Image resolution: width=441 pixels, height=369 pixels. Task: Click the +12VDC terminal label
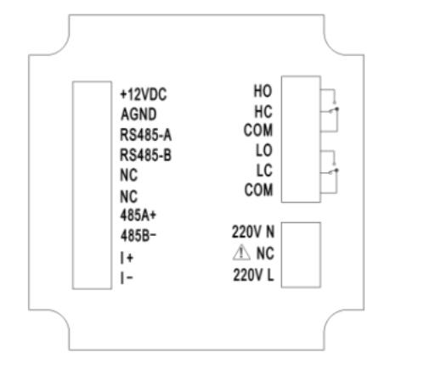tap(144, 94)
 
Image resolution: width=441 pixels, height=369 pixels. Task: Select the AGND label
tap(139, 115)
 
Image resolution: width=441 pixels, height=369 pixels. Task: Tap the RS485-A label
tap(146, 135)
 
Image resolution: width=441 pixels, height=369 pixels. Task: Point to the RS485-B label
tap(146, 155)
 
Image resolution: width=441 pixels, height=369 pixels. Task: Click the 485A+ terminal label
tap(139, 215)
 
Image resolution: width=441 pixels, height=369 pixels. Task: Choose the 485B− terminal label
tap(139, 236)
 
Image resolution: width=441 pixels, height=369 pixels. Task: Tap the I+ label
tap(127, 258)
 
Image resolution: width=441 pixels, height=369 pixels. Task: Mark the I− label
tap(127, 278)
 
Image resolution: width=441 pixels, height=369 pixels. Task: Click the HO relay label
tap(263, 91)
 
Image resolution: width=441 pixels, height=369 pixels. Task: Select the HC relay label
tap(263, 111)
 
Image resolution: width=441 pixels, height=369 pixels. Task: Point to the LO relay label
tap(264, 150)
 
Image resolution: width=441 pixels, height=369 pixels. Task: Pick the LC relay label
tap(264, 171)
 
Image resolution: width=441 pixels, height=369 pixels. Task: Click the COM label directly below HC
tap(258, 130)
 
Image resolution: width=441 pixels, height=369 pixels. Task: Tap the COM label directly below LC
tap(258, 190)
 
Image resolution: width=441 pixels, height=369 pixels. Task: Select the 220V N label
tap(253, 232)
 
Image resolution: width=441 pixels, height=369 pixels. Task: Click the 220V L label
tap(253, 275)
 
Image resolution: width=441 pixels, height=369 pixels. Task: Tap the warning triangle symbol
tap(241, 252)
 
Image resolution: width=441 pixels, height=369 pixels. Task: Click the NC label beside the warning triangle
tap(265, 253)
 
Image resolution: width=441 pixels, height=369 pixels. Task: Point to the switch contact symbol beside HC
tap(334, 110)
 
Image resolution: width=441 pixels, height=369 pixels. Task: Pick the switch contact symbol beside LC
tap(334, 171)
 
